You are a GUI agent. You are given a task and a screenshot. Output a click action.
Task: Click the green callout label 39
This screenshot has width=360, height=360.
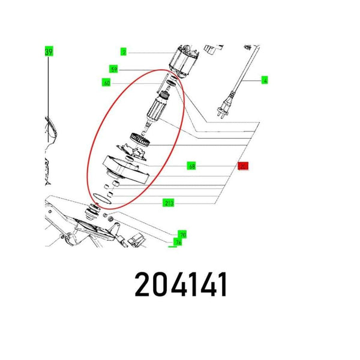point(49,52)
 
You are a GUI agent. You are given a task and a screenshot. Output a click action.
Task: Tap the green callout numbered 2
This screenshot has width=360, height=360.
point(124,52)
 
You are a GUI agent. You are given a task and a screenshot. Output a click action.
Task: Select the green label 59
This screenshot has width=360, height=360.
point(113,69)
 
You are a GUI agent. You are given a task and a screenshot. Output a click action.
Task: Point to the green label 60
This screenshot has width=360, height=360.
point(106,83)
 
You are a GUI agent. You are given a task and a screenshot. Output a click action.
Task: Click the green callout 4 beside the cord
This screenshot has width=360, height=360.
point(265,80)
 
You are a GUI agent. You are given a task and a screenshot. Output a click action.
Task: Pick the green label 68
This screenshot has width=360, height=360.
point(191,166)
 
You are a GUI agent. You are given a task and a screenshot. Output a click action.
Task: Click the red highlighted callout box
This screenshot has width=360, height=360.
point(243,166)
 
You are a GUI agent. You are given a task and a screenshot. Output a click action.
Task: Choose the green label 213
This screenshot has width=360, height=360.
point(169,203)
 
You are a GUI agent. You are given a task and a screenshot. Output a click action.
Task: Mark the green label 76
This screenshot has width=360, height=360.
point(178,242)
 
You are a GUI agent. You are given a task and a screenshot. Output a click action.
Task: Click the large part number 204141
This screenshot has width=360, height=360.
point(180,285)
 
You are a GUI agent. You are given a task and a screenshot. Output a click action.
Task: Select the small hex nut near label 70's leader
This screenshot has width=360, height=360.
point(106,214)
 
